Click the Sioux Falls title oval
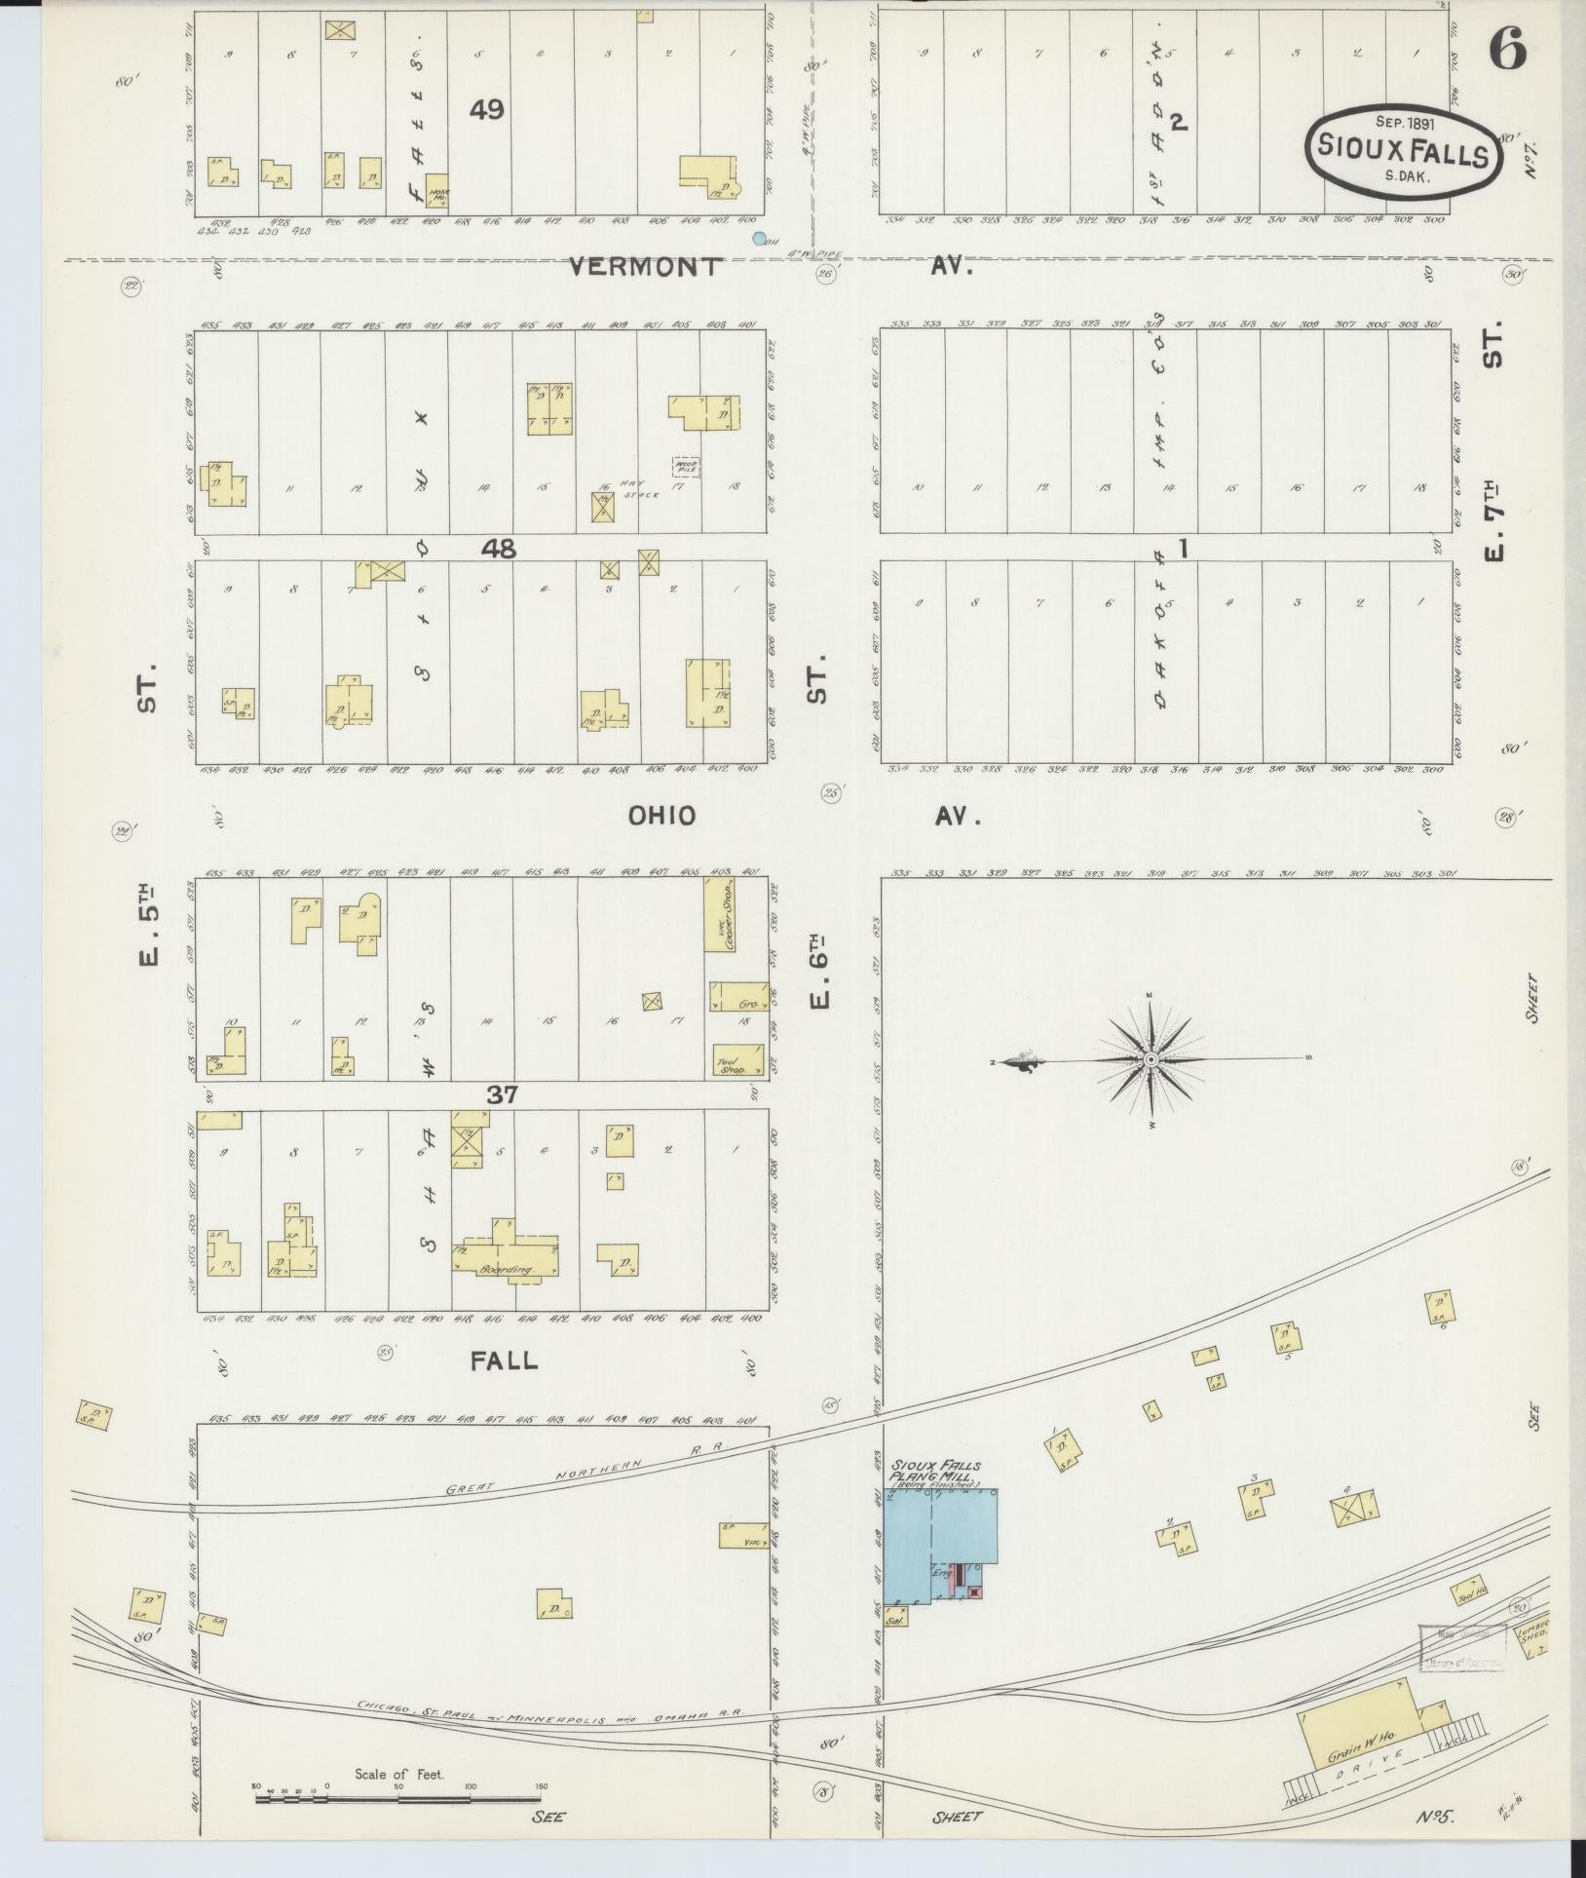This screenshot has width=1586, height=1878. tap(1403, 152)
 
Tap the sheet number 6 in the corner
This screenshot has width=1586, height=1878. tap(1506, 49)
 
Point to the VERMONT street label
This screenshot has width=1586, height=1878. tap(645, 266)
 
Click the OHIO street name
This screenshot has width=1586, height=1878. tap(661, 816)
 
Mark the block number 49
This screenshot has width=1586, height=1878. tap(486, 110)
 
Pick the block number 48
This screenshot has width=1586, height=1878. tap(499, 550)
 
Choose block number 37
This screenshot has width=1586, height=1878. tap(503, 1095)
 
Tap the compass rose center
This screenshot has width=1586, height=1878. tap(1151, 1059)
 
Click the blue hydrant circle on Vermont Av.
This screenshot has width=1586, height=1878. tap(759, 238)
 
